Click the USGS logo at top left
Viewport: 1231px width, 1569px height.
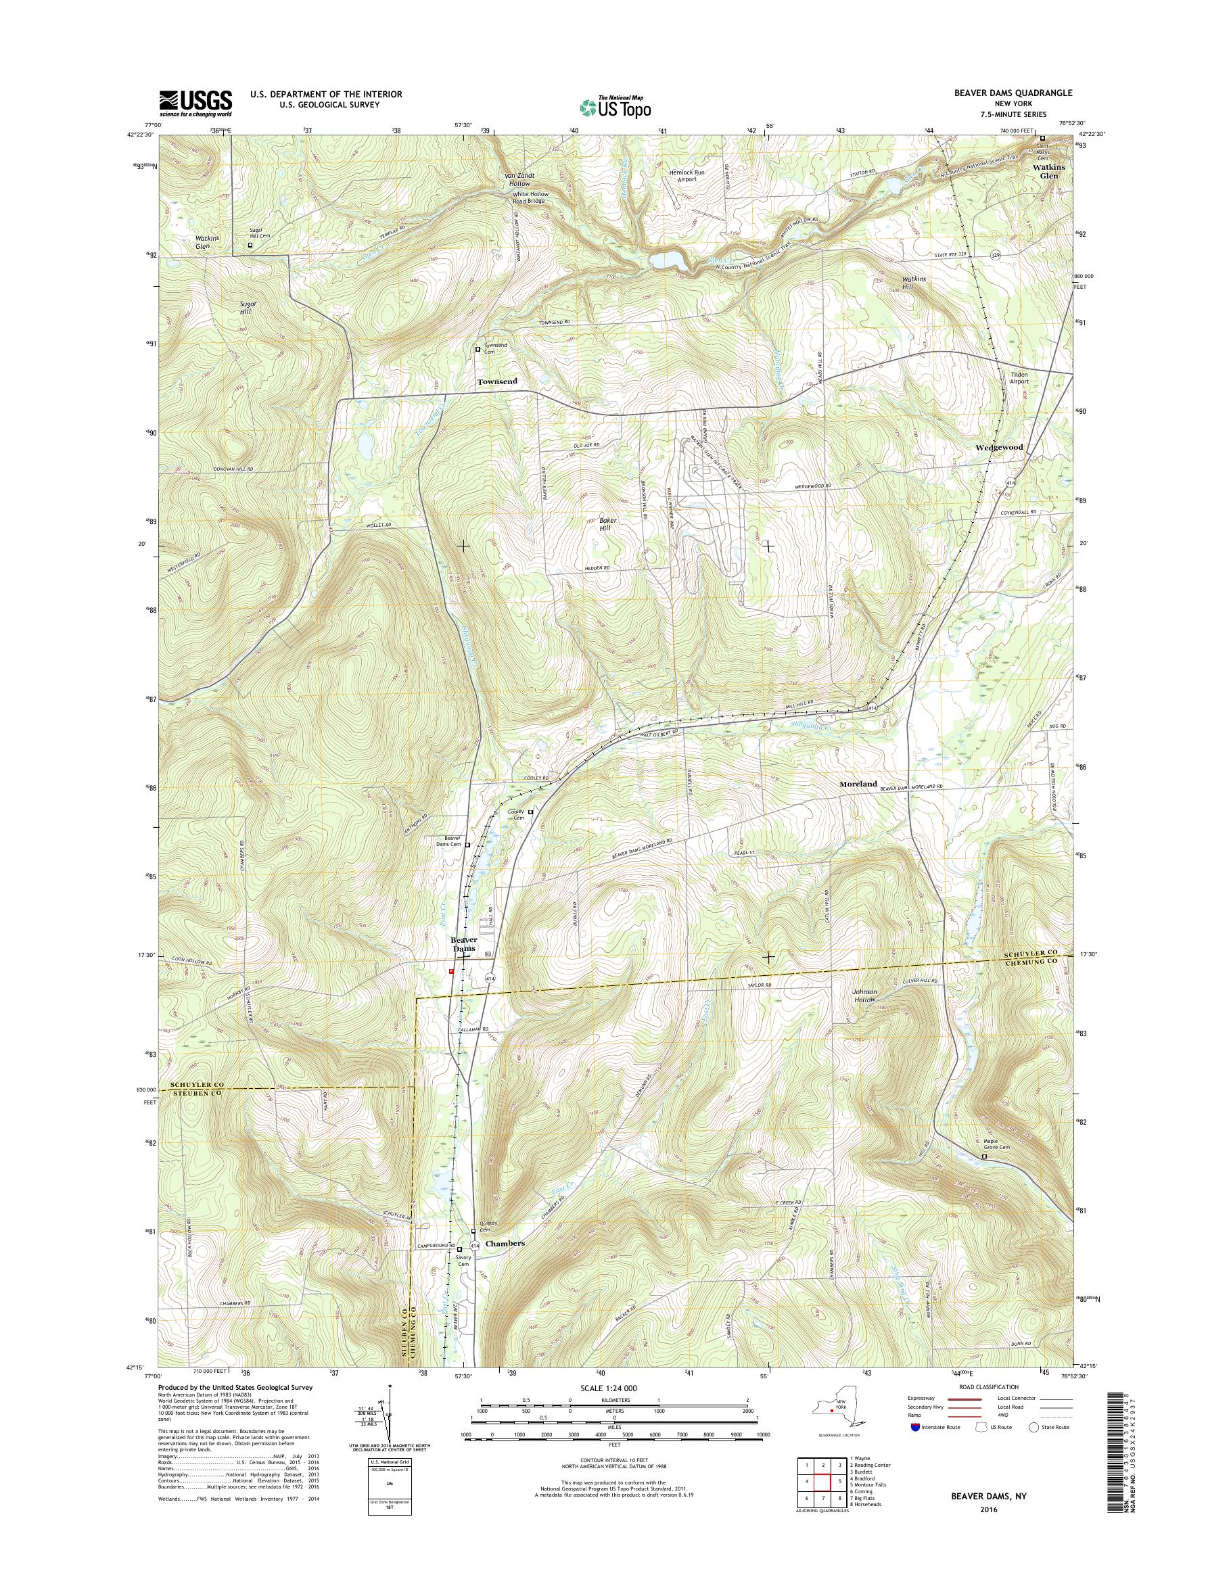195,103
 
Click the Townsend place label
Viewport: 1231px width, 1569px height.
497,381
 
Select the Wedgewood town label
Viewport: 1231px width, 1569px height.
999,447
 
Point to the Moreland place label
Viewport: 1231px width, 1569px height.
858,783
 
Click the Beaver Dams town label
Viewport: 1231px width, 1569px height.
464,944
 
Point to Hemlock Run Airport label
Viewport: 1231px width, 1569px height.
685,176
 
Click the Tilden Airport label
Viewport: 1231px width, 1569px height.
1019,378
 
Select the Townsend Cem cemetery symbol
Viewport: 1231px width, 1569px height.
478,349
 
